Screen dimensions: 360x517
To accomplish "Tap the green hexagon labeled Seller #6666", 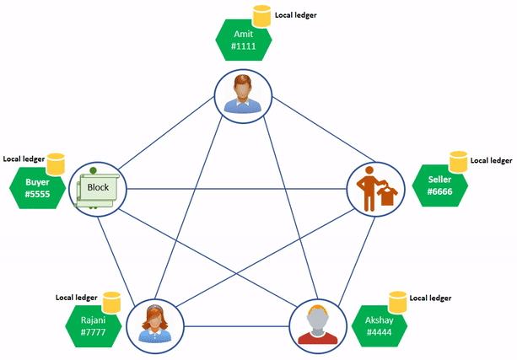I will [x=440, y=186].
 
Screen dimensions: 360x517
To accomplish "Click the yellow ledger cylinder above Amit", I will [x=263, y=17].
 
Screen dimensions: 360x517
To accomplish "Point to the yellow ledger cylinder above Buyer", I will [x=56, y=162].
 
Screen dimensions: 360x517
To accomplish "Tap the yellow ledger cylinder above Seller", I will [x=458, y=161].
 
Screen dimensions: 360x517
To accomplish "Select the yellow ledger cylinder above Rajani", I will [x=111, y=301].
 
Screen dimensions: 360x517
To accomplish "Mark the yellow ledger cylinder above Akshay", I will [x=397, y=301].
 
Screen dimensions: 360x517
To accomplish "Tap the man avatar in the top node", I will [x=243, y=93].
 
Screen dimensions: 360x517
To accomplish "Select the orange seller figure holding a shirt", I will [x=374, y=189].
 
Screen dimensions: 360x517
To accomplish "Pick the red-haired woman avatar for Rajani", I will [x=154, y=323].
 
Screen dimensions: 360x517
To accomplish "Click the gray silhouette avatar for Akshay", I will [x=317, y=323].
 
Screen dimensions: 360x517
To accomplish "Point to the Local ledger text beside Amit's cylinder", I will [x=296, y=15].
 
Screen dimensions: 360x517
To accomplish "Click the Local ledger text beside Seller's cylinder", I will [x=491, y=159].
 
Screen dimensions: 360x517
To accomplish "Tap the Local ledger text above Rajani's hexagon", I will [x=77, y=297].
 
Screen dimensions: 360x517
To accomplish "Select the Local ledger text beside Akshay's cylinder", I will [x=430, y=298].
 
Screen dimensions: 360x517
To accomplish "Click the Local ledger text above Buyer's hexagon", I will [x=23, y=158].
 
